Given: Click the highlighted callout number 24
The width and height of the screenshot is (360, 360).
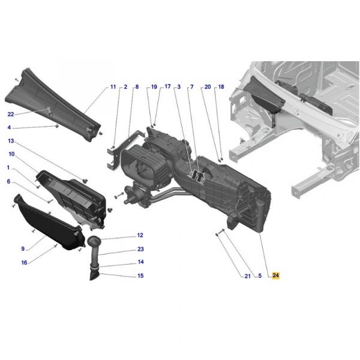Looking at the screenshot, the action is [275, 275].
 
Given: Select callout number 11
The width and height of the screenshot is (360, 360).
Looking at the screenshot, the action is [113, 87].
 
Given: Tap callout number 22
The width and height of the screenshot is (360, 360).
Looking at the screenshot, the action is [11, 114].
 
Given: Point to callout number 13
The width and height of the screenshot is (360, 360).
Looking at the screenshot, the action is [11, 141].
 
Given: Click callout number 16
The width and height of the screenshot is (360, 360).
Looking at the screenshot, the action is [24, 262].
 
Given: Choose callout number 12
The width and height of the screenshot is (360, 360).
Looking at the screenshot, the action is [140, 235].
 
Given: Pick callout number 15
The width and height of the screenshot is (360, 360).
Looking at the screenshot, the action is [140, 275].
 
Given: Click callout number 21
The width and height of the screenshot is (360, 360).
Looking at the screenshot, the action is [247, 276].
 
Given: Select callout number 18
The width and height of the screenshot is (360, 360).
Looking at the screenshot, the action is [221, 87].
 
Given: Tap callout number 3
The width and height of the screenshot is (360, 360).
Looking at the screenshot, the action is [179, 87].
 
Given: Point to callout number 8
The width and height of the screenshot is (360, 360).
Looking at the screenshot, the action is [137, 87].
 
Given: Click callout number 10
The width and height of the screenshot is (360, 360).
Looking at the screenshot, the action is [11, 154].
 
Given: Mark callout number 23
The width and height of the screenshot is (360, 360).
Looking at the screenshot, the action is [140, 249].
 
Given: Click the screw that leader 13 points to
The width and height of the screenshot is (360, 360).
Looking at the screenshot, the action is [85, 181].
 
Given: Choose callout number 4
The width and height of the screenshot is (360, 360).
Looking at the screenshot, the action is [9, 127].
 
